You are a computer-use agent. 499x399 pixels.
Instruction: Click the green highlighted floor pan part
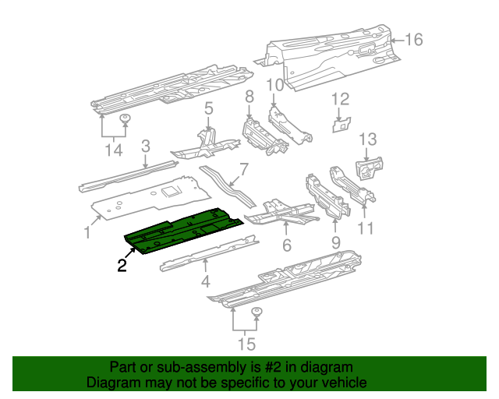(183, 232)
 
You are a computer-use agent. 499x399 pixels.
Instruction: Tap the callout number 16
(413, 40)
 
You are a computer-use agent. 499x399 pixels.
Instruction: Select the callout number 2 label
(122, 266)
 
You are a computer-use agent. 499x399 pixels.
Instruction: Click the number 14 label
(115, 149)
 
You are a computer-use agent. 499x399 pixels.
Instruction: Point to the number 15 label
(246, 344)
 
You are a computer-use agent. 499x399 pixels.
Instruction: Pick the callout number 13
(367, 139)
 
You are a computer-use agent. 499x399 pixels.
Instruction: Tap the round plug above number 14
(124, 119)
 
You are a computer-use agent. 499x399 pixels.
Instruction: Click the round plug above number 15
(257, 313)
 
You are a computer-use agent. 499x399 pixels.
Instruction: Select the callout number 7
(243, 168)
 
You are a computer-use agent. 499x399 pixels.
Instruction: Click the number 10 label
(274, 85)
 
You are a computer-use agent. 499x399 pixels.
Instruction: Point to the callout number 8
(249, 97)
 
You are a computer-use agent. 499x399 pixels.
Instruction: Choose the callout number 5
(209, 108)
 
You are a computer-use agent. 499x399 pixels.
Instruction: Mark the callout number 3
(145, 146)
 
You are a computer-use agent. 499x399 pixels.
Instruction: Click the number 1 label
(87, 231)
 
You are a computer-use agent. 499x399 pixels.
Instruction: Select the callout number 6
(286, 245)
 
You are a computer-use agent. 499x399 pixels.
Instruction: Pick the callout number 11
(365, 228)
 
